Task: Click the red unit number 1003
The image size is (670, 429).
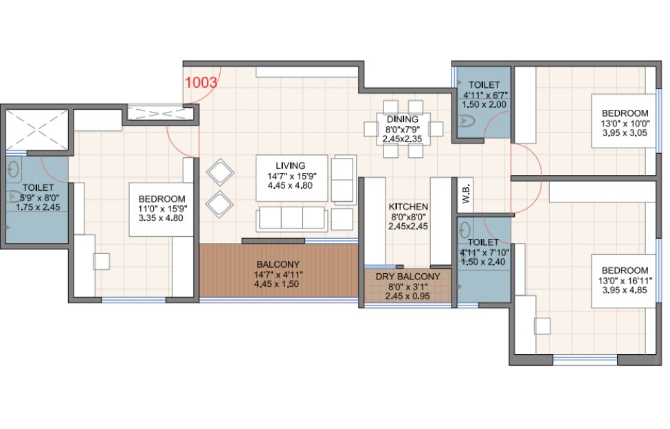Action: [x=201, y=82]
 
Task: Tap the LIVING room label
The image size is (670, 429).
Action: [x=291, y=165]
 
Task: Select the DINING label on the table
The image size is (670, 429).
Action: [x=403, y=119]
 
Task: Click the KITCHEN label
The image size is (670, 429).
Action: [x=408, y=207]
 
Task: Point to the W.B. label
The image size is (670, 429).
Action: [x=466, y=194]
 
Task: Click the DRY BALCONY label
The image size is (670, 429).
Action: [x=407, y=277]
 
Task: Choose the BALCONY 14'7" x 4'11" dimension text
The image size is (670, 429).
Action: [x=278, y=274]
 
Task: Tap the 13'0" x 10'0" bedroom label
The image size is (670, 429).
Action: [x=625, y=123]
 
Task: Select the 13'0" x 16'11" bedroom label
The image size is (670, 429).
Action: [x=625, y=280]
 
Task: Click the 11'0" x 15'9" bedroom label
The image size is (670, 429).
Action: [x=162, y=208]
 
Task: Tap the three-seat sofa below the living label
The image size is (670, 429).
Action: [x=292, y=218]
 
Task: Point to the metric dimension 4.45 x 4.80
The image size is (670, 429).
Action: [x=290, y=186]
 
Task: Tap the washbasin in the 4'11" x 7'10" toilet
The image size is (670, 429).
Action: [x=464, y=231]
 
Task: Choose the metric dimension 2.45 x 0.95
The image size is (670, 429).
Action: [x=407, y=296]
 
